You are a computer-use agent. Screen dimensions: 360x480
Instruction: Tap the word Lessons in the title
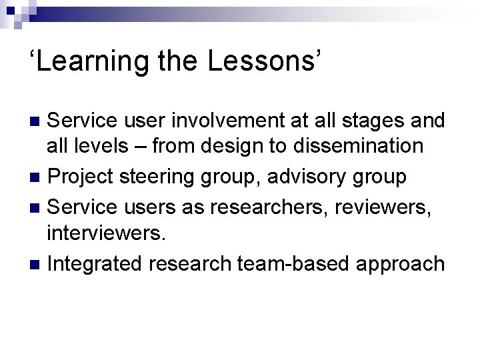click(x=267, y=61)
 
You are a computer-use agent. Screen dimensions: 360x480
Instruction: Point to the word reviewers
click(x=393, y=206)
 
